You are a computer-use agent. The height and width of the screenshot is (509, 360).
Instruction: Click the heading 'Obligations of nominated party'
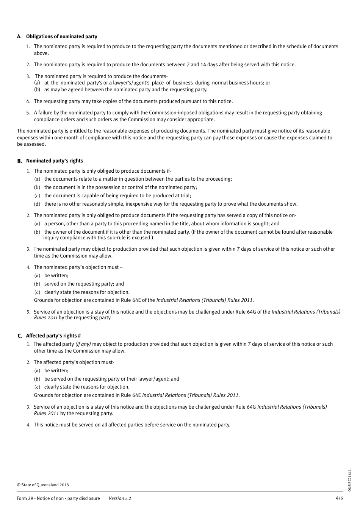tap(61, 37)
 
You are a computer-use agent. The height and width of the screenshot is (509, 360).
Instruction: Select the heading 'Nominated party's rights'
tap(54, 161)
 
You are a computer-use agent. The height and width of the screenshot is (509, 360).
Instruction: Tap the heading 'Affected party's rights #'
tap(53, 336)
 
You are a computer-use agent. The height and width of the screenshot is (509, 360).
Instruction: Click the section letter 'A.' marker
tap(19, 37)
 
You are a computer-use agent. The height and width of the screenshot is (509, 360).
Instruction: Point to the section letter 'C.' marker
tap(20, 336)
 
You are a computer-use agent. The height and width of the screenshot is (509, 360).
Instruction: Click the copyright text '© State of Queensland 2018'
tap(43, 485)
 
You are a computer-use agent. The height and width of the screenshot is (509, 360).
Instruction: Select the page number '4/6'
tap(339, 498)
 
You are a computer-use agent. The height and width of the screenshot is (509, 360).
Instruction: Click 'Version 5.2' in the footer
tap(119, 498)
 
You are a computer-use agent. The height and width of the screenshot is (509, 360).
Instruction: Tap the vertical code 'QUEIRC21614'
tap(349, 481)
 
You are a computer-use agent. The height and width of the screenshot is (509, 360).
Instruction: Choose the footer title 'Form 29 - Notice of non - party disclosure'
tap(58, 498)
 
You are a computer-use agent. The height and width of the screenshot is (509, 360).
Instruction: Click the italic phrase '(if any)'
tap(83, 344)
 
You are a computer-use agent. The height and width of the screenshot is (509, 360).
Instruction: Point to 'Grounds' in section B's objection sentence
tap(43, 300)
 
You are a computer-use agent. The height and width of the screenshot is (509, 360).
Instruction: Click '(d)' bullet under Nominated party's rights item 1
tap(37, 204)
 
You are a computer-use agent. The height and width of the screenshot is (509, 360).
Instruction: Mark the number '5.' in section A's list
tap(28, 113)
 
